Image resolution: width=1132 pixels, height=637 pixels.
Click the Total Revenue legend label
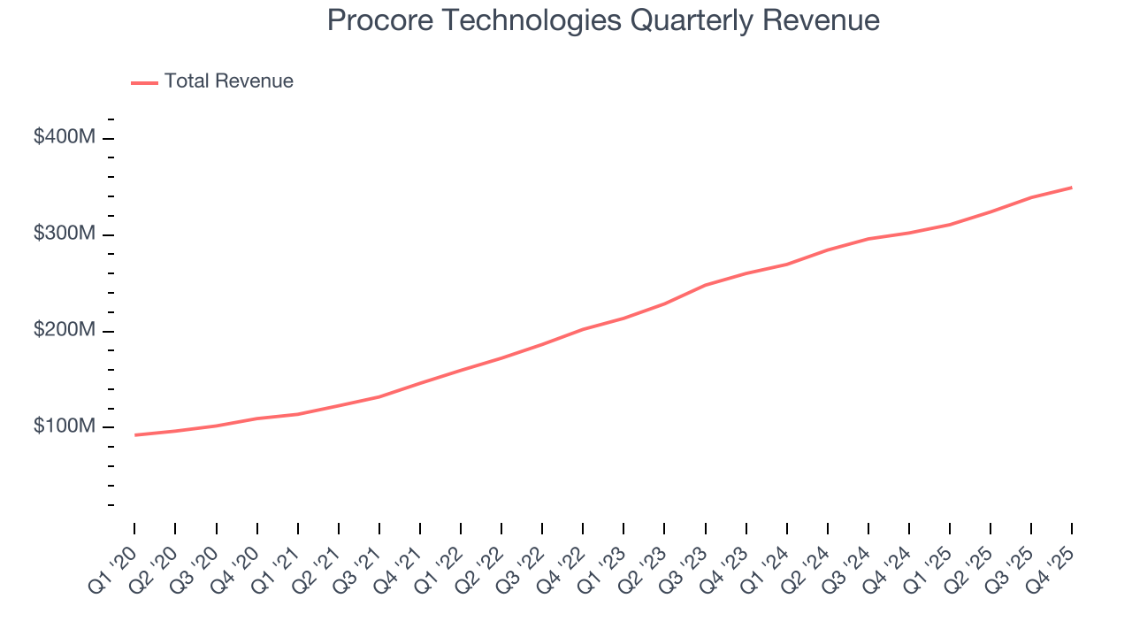coord(228,81)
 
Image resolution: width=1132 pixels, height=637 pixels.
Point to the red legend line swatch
coord(144,82)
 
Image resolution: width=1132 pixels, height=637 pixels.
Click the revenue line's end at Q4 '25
coord(1072,188)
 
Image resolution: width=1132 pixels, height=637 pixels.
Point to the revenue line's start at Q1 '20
coord(135,435)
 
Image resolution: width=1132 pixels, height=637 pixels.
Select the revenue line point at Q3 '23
coord(705,285)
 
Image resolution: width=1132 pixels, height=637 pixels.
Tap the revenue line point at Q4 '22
coord(583,329)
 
